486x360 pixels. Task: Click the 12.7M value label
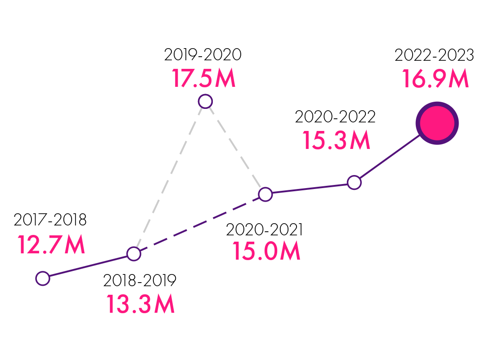click(51, 245)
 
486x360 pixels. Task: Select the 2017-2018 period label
click(50, 220)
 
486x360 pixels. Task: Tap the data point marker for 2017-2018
click(42, 279)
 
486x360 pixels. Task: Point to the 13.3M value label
click(140, 304)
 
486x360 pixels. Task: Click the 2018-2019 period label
click(139, 280)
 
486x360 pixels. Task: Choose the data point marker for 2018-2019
click(134, 254)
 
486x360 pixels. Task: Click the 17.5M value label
click(203, 78)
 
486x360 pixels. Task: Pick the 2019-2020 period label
click(202, 55)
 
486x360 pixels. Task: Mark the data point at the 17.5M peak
click(205, 101)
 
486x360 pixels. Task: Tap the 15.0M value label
click(266, 252)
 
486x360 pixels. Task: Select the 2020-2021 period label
click(264, 229)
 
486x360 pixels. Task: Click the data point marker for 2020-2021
click(265, 194)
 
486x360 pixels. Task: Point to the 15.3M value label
click(336, 140)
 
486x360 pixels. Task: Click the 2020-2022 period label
click(335, 117)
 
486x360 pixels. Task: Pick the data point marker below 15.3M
click(355, 183)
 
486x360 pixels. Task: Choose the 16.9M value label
click(435, 79)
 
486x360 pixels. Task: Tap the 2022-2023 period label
click(434, 55)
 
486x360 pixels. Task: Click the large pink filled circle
click(437, 123)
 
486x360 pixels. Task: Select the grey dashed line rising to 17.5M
click(169, 178)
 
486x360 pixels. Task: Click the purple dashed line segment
click(199, 224)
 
